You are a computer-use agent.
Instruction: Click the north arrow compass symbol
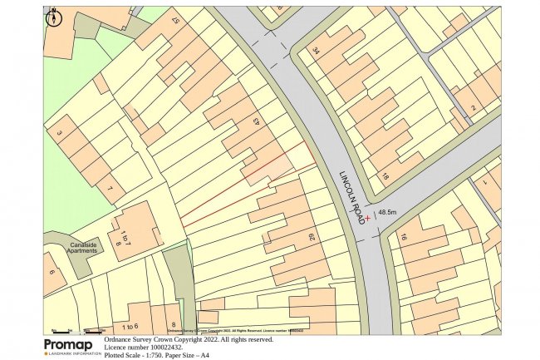pyautogui.click(x=53, y=17)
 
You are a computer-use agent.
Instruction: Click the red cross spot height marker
pyautogui.click(x=368, y=218)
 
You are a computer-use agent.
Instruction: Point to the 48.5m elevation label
pyautogui.click(x=388, y=212)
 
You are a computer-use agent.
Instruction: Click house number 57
pyautogui.click(x=175, y=19)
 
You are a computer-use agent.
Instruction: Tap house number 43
pyautogui.click(x=256, y=122)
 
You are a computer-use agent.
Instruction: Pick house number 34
pyautogui.click(x=316, y=51)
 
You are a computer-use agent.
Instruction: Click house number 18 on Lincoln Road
pyautogui.click(x=385, y=176)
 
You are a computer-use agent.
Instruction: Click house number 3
pyautogui.click(x=59, y=132)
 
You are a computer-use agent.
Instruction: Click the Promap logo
pyautogui.click(x=72, y=347)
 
